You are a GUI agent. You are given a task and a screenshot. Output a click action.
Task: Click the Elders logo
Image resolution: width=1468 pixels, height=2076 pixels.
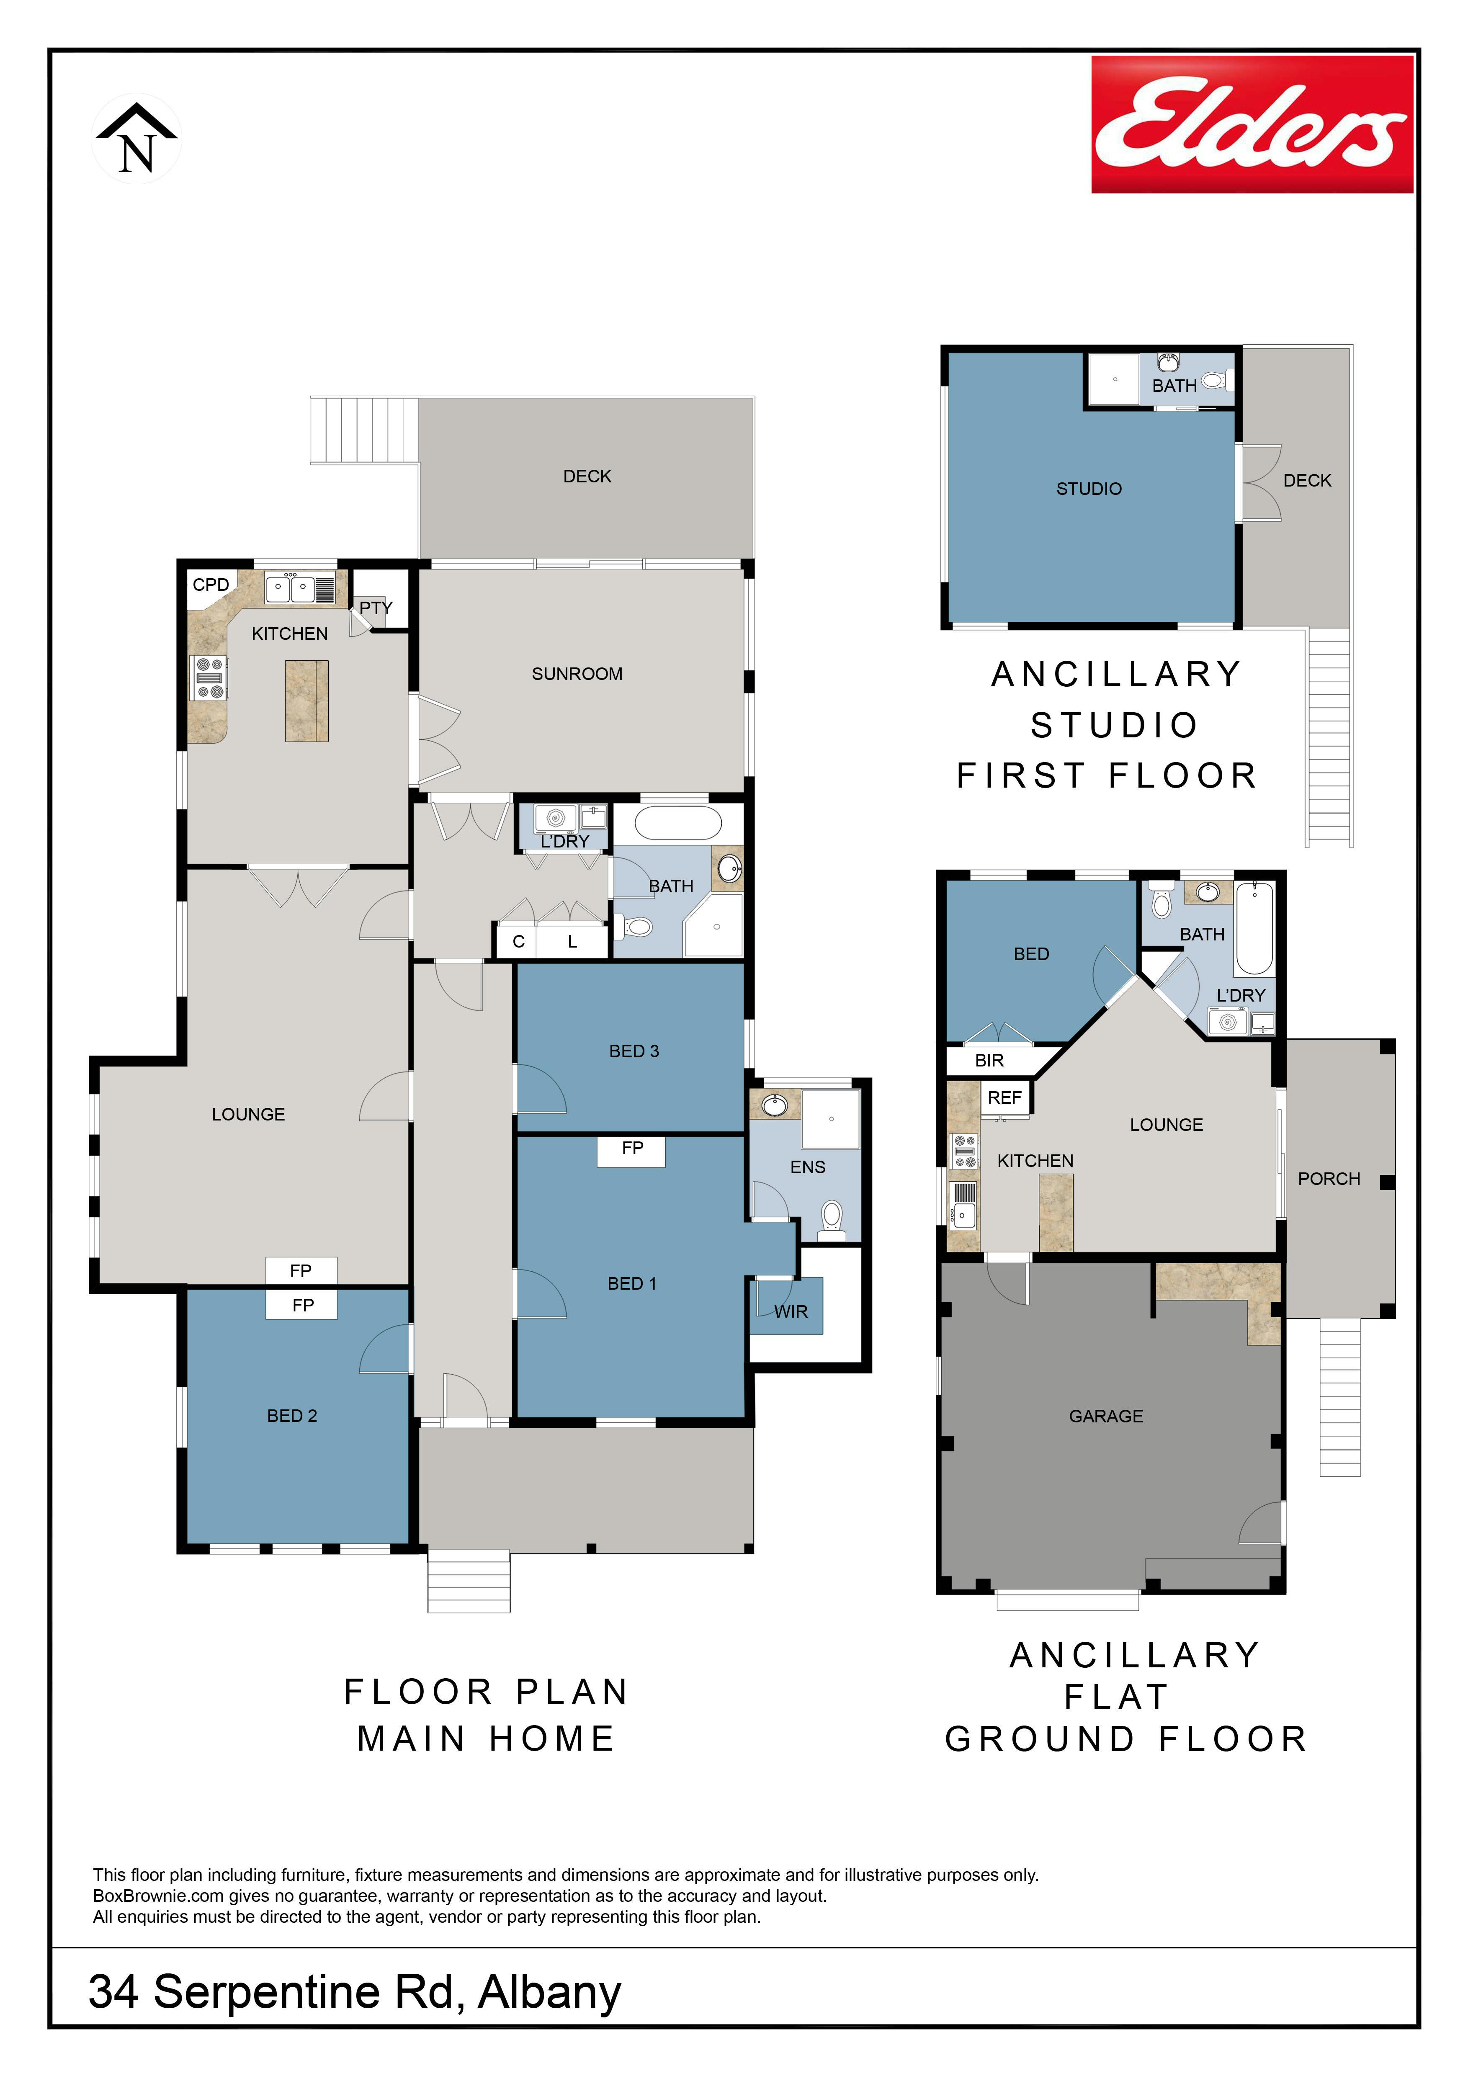(1252, 124)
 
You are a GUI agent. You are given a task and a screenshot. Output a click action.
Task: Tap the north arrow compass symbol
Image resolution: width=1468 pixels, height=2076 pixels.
(136, 138)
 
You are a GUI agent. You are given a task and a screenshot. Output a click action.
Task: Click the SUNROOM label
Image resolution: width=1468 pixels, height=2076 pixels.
(577, 674)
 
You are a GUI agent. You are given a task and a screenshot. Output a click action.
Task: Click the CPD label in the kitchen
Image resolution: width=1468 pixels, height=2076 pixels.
(211, 584)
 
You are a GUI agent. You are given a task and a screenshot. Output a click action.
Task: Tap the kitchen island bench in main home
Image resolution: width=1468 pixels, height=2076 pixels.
(306, 701)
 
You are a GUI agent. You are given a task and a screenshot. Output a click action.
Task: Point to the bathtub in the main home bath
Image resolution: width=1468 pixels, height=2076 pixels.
(678, 823)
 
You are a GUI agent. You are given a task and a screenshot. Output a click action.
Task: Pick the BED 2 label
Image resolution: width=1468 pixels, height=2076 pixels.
(292, 1416)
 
